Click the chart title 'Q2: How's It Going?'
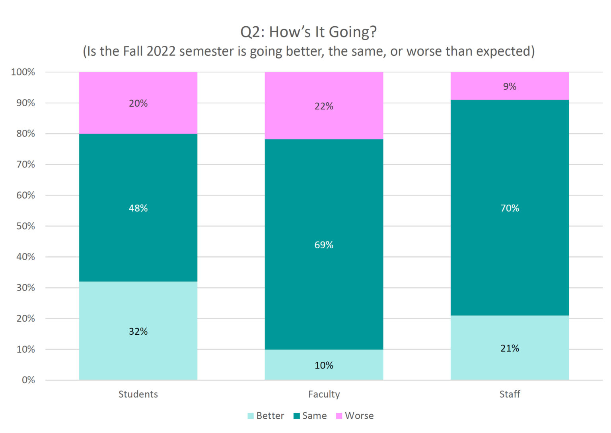pyautogui.click(x=308, y=32)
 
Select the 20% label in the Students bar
pyautogui.click(x=138, y=103)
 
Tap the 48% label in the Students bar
pyautogui.click(x=138, y=208)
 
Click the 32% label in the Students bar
pyautogui.click(x=138, y=332)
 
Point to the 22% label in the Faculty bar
pyautogui.click(x=324, y=106)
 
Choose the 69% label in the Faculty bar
pyautogui.click(x=324, y=245)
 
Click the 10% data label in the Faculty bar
pyautogui.click(x=324, y=365)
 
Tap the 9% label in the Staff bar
pyautogui.click(x=510, y=86)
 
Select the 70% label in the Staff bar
pyautogui.click(x=510, y=208)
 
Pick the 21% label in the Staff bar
pyautogui.click(x=510, y=348)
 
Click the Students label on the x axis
pyautogui.click(x=138, y=394)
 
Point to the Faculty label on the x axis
pyautogui.click(x=324, y=394)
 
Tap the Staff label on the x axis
pyautogui.click(x=510, y=394)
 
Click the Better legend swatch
pyautogui.click(x=251, y=416)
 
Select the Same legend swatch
pyautogui.click(x=296, y=416)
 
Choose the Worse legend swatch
pyautogui.click(x=339, y=416)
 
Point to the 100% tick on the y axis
pyautogui.click(x=23, y=72)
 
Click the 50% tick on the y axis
pyautogui.click(x=25, y=226)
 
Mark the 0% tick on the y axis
pyautogui.click(x=28, y=380)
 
